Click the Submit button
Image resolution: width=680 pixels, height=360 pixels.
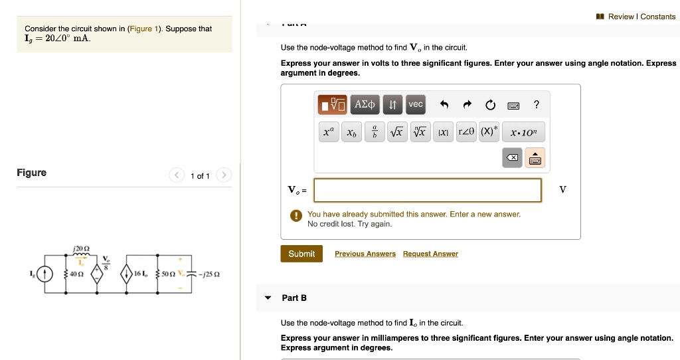click(x=301, y=254)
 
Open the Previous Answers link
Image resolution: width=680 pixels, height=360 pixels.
click(x=365, y=254)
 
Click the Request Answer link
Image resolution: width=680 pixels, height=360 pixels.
click(x=430, y=254)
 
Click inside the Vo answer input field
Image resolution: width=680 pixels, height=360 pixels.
click(x=428, y=190)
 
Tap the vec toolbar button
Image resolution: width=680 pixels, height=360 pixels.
click(x=415, y=104)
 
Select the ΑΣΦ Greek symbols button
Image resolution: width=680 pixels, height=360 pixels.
click(x=365, y=104)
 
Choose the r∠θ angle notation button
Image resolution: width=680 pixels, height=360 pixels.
click(x=467, y=132)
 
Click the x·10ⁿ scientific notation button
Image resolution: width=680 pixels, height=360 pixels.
click(x=523, y=132)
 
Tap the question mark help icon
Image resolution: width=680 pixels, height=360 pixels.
click(x=537, y=104)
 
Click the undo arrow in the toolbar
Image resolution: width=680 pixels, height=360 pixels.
click(x=445, y=104)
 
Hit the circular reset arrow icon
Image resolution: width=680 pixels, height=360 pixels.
click(x=490, y=104)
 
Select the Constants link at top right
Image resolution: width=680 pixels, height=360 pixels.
click(x=658, y=17)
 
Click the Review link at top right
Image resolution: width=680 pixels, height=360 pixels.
click(x=620, y=17)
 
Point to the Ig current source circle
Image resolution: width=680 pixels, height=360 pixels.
click(x=44, y=273)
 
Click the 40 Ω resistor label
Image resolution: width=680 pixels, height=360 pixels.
click(x=76, y=274)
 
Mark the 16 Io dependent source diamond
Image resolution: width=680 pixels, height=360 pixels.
click(x=127, y=273)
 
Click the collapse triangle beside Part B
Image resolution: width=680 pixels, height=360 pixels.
click(x=268, y=298)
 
